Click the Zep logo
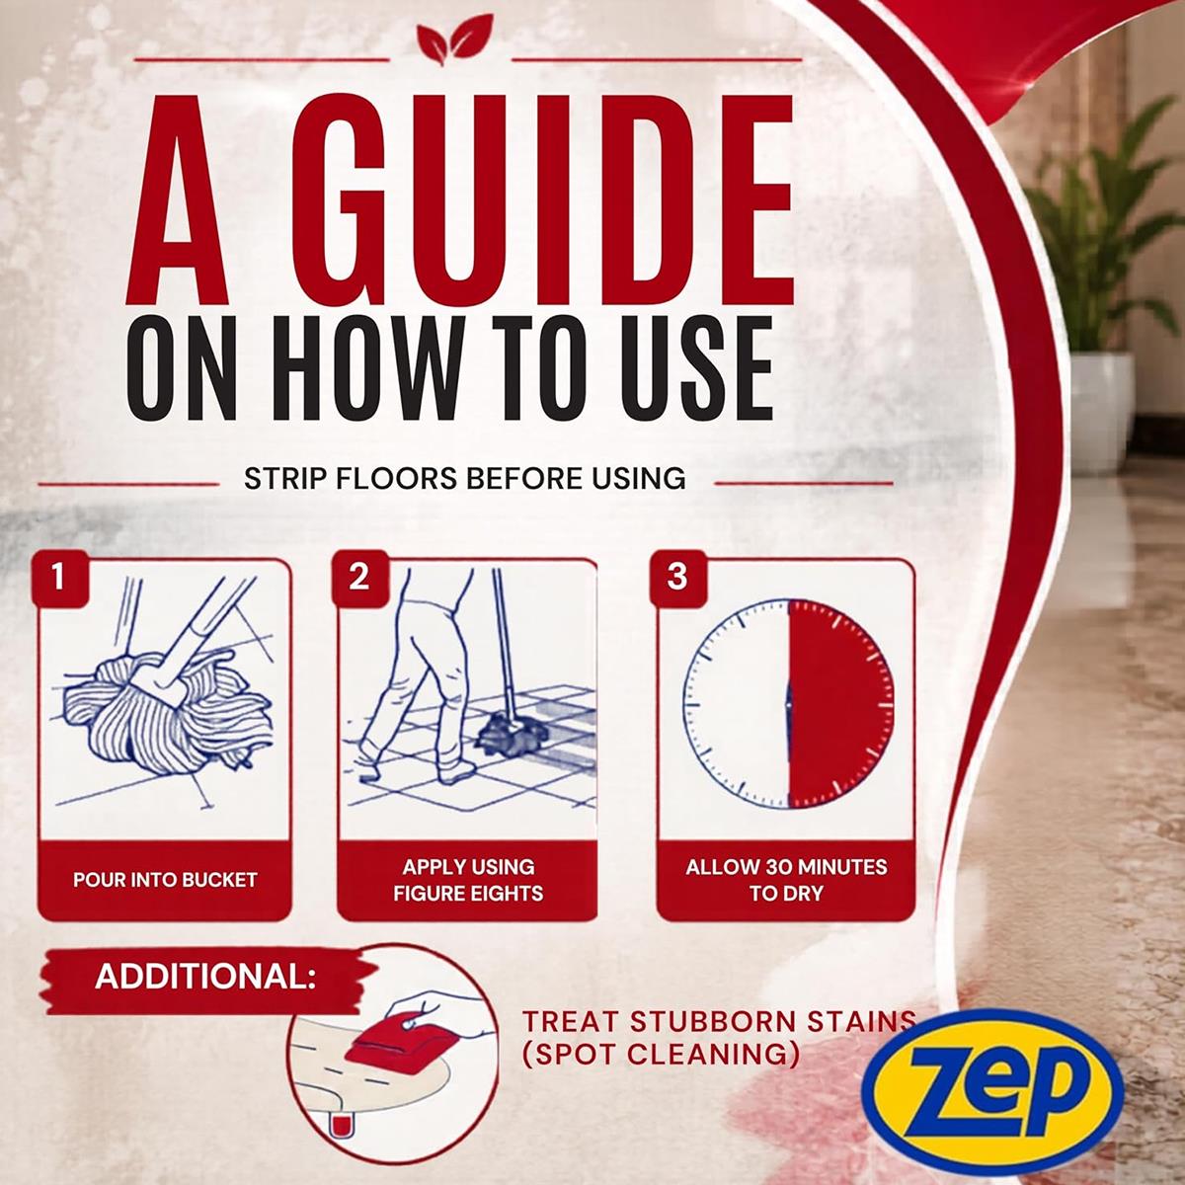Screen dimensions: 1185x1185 [991, 1091]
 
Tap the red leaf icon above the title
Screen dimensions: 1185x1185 [454, 39]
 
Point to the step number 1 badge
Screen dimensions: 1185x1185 [59, 578]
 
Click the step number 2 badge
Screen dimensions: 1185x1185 [359, 578]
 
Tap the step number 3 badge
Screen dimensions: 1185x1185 [677, 578]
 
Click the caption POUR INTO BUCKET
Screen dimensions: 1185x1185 [165, 880]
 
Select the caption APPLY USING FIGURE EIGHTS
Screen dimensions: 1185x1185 [468, 880]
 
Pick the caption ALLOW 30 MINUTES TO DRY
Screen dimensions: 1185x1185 [786, 880]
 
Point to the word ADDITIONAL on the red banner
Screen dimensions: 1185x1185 [205, 976]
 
